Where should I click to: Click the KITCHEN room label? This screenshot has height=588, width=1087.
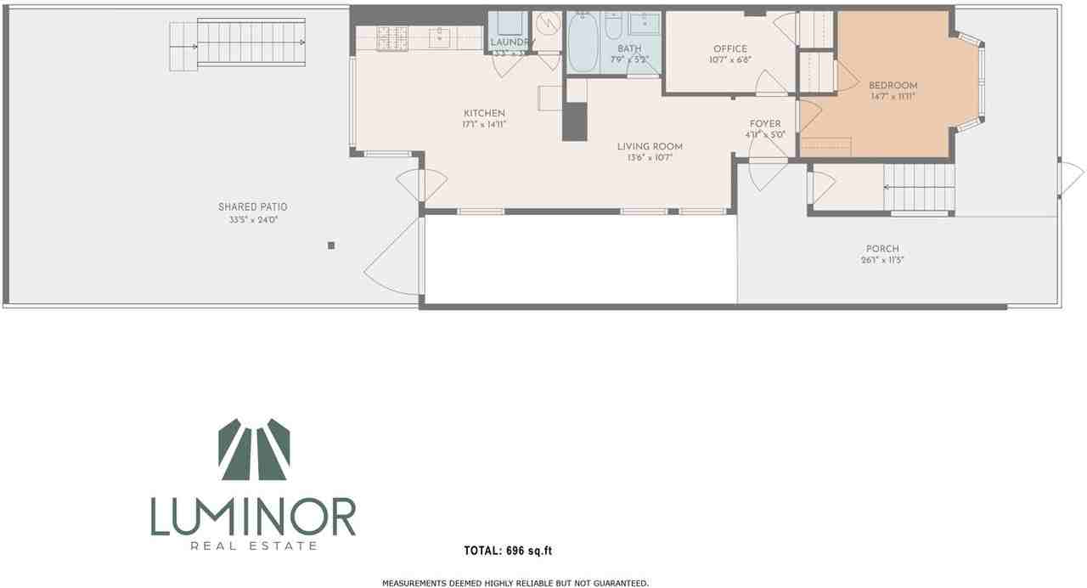tap(484, 114)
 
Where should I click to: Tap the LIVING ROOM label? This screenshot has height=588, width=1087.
tap(650, 147)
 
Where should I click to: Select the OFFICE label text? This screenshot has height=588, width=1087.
tap(729, 49)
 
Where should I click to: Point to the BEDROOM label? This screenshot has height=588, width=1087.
tap(893, 86)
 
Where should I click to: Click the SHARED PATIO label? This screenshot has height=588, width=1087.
tap(252, 207)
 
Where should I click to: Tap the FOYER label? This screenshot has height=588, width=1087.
tap(764, 124)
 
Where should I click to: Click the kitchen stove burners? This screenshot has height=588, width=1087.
tap(392, 37)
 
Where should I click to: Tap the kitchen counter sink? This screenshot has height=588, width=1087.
tap(439, 37)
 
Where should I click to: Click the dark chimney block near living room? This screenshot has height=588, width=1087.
tap(575, 122)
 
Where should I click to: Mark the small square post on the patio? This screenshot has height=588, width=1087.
tap(331, 246)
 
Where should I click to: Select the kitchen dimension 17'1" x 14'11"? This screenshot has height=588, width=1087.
tap(484, 125)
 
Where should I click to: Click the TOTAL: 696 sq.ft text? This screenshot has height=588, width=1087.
tap(508, 551)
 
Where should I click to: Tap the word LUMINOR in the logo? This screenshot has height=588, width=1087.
tap(253, 517)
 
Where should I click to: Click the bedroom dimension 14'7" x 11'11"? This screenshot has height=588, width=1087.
tap(893, 97)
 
